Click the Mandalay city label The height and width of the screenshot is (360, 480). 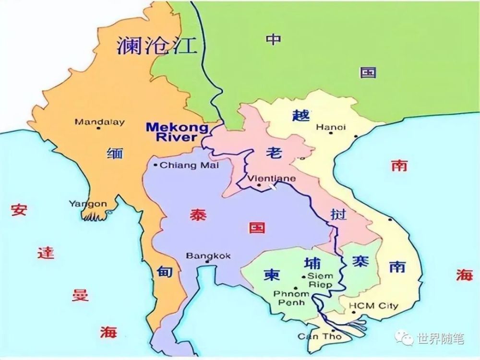tap(99, 122)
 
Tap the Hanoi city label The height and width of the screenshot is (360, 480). tap(331, 127)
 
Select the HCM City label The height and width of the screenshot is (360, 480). tap(373, 306)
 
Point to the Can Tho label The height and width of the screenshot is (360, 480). tap(319, 336)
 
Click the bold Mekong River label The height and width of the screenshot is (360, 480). tap(177, 132)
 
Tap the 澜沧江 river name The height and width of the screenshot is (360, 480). tap(157, 47)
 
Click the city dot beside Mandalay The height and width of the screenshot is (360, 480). tap(99, 129)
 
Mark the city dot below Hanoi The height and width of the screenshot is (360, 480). tap(331, 133)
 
